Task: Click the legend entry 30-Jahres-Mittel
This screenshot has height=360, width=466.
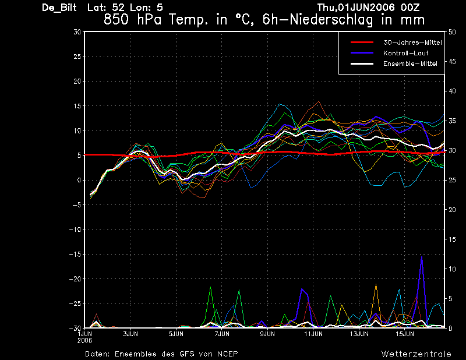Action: coord(412,43)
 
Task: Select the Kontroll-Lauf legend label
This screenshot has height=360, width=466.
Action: coord(405,53)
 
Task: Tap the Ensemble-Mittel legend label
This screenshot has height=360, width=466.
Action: coord(410,63)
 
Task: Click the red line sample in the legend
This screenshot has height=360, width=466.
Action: coord(362,42)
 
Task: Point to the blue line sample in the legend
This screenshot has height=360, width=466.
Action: coord(362,53)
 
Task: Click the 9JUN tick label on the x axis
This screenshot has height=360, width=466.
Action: coord(267,334)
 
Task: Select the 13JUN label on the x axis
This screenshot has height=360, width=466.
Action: coord(359,334)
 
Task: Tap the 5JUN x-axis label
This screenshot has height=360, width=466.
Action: coord(176,334)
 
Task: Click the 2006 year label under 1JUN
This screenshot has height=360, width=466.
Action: coord(84,341)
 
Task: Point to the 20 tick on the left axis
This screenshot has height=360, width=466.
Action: coord(77,81)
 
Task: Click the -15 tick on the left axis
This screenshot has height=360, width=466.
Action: coord(75,255)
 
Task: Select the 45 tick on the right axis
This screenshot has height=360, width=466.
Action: coord(452,62)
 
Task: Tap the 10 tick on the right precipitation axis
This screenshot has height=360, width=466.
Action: coord(452,269)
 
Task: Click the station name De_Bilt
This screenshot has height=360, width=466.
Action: coord(59,8)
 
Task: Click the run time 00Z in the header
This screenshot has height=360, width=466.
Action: coord(410,7)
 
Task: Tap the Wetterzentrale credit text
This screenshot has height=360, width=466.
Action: coord(416,354)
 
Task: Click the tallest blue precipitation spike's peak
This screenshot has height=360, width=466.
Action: coord(422,257)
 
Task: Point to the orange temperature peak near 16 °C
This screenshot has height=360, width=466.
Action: coord(319,101)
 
